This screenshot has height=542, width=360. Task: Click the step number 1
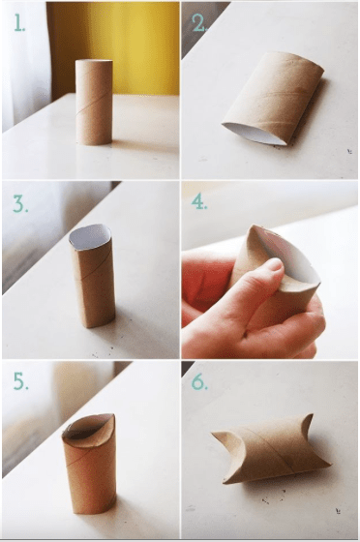click(19, 24)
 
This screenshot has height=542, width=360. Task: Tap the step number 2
click(199, 24)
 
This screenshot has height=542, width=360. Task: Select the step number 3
click(20, 204)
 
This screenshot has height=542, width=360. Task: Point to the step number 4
click(199, 202)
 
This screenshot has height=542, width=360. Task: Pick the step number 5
click(20, 382)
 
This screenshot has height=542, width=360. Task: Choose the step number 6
click(199, 382)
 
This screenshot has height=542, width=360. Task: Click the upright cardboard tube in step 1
click(94, 103)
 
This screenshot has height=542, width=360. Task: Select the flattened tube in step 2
click(273, 99)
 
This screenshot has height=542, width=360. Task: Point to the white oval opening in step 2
click(255, 135)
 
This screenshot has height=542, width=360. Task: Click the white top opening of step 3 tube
click(90, 237)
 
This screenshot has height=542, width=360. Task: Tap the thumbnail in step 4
click(276, 264)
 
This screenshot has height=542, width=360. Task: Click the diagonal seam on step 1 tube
click(94, 103)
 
